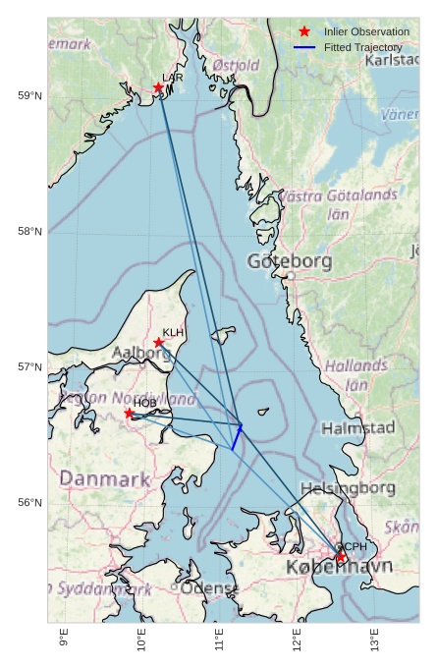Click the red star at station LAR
coord(158,87)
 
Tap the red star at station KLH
coord(159,343)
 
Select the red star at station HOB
coord(129,414)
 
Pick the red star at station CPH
coord(341,557)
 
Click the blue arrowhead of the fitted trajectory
coord(240,426)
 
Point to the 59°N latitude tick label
coord(29,95)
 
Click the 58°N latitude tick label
coord(29,231)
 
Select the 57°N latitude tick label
coord(29,366)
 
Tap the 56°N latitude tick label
coord(29,502)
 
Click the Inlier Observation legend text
coord(366,32)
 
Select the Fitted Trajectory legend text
coord(362,47)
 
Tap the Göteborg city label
coord(290,261)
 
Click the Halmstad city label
coord(357,428)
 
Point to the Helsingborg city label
coord(348,488)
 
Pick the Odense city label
coord(209,587)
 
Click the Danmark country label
coord(105,479)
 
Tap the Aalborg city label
coord(142,353)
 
